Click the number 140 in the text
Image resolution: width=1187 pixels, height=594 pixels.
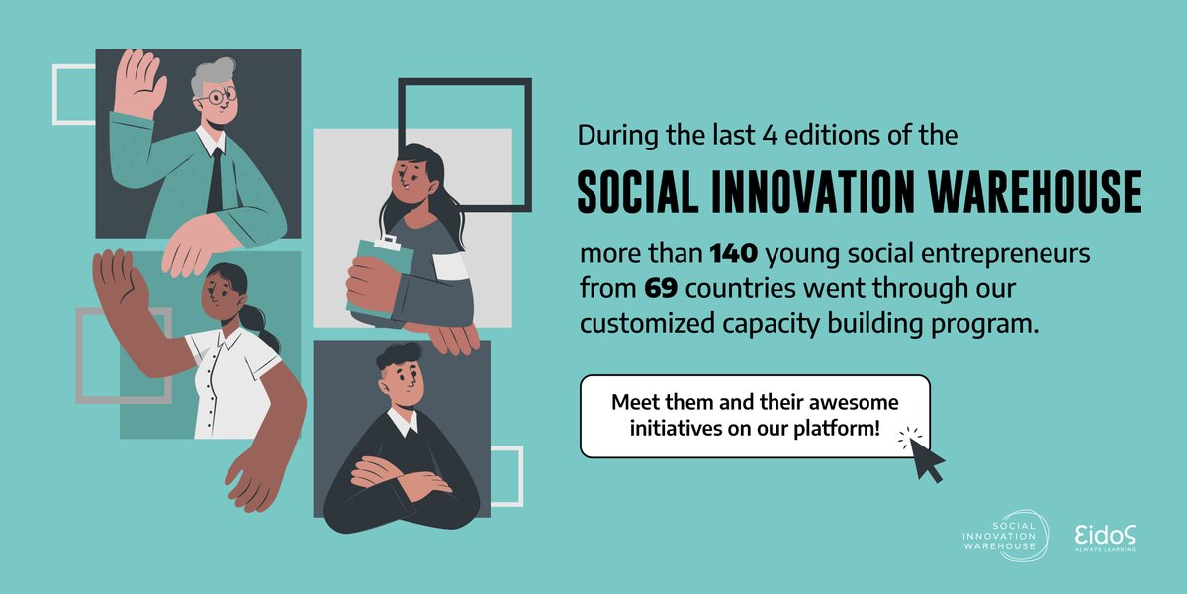click(734, 255)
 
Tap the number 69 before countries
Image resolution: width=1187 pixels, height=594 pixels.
click(662, 290)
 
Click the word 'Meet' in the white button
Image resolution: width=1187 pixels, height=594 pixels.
click(635, 404)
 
